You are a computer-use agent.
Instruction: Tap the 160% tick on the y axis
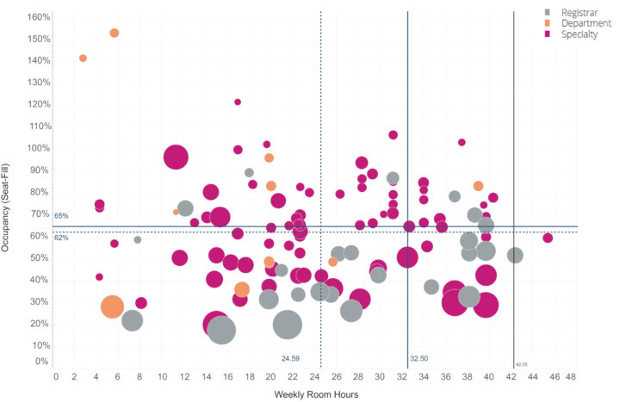coord(38,17)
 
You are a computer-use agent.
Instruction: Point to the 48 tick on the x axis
coord(570,376)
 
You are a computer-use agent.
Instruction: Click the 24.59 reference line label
coord(290,358)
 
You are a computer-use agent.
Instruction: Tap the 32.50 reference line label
coord(418,358)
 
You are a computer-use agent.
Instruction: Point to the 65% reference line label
coord(61,216)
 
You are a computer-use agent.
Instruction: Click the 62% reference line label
coord(61,237)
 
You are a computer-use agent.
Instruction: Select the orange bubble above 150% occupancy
coord(115,33)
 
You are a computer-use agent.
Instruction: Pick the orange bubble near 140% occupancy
coord(83,59)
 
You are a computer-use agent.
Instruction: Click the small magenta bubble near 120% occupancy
coord(238,102)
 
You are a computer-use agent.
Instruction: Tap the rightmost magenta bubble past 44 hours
coord(548,238)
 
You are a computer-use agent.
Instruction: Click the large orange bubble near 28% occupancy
coord(112,306)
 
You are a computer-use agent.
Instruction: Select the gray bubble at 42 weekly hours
coord(515,255)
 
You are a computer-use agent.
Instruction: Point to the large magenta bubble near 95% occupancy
coord(177,158)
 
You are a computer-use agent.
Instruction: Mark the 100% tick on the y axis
coord(38,148)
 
